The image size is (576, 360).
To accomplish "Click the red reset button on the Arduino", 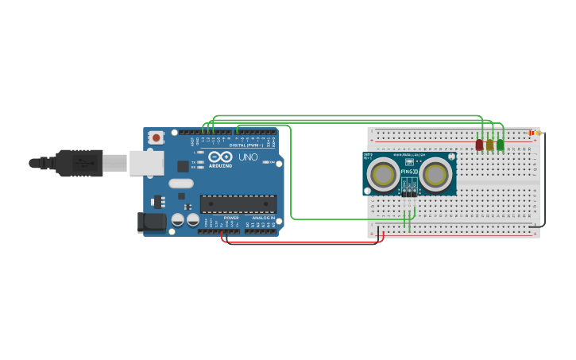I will tap(156, 137).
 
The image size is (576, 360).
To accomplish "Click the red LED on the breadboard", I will tap(479, 145).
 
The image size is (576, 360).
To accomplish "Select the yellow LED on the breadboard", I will tap(490, 145).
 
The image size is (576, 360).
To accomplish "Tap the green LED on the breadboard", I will tap(501, 145).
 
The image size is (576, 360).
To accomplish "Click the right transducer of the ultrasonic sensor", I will tap(435, 174).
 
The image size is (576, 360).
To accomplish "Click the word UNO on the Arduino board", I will tap(248, 157).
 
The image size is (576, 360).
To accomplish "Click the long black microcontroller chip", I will tap(238, 204).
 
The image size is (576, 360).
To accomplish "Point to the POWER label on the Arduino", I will tap(230, 218).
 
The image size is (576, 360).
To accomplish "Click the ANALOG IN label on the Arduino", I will tap(263, 218).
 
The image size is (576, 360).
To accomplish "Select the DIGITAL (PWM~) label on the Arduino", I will tap(245, 145).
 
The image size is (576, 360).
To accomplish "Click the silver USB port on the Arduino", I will tap(146, 163).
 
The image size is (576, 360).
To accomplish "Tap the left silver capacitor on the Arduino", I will tap(178, 219).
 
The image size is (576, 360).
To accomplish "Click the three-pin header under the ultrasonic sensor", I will tap(408, 192).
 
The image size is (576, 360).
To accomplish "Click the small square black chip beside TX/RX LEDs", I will tap(183, 166).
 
